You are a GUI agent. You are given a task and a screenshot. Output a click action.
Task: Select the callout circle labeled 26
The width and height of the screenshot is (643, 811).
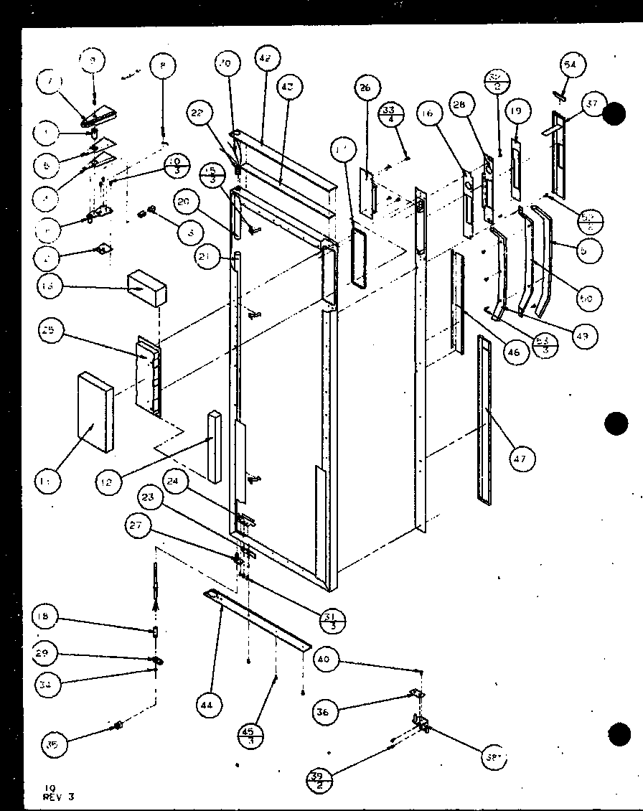coord(365,88)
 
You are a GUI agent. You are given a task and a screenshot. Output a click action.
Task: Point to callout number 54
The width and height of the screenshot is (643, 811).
coord(571,65)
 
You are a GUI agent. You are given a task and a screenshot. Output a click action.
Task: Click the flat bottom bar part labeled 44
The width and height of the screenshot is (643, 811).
coord(258,619)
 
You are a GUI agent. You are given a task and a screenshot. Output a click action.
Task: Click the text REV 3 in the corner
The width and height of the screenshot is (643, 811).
coord(58,796)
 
